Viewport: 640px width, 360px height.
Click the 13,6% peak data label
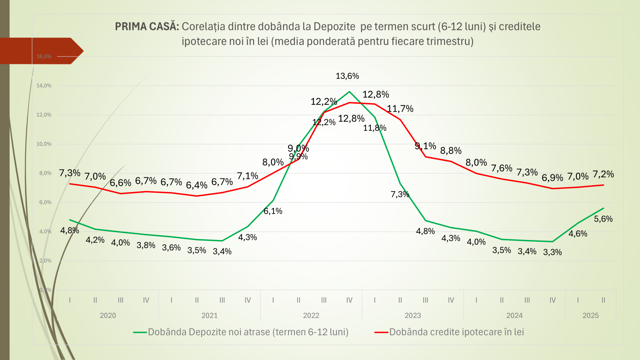coord(347,76)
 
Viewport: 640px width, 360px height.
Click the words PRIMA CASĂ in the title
coord(147,26)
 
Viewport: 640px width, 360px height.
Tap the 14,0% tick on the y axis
coord(44,86)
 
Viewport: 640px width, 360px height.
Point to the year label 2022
coord(311,316)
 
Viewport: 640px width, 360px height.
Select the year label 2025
coord(590,316)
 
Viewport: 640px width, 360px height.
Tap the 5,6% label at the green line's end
coord(603,219)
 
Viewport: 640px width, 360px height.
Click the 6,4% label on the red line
coord(196,185)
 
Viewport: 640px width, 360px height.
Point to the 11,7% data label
coord(400,109)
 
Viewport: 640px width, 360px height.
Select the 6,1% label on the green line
coord(273,211)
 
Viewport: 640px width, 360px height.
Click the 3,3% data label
coord(552,252)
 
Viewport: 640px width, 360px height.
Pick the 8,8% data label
coord(451,151)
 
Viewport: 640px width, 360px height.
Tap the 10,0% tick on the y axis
coord(44,144)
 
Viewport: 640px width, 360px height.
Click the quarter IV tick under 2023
coord(451,300)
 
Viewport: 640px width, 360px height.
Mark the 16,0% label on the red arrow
coord(44,56)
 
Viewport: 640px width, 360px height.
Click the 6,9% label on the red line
coord(552,178)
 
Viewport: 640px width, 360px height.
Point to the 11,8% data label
coord(375,128)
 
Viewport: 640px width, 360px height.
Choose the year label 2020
coord(108,316)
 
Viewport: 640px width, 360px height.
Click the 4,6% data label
coord(578,234)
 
